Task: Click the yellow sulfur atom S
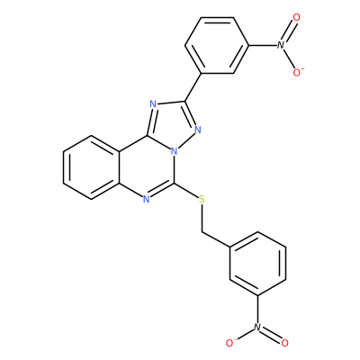202,199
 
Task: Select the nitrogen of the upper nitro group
281,45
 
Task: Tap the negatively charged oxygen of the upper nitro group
298,72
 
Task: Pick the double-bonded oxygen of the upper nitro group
296,17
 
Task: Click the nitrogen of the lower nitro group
256,327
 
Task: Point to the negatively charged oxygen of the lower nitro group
230,342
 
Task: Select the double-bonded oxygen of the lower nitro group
284,343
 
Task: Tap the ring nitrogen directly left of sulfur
146,199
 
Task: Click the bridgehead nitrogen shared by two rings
174,151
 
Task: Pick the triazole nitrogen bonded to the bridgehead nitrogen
197,130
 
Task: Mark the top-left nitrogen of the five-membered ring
153,105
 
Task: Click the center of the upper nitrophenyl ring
217,45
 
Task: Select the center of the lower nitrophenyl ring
257,264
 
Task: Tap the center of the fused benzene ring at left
91,167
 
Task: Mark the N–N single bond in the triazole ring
185,140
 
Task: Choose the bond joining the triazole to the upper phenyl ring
193,86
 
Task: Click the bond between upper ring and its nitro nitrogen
263,45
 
